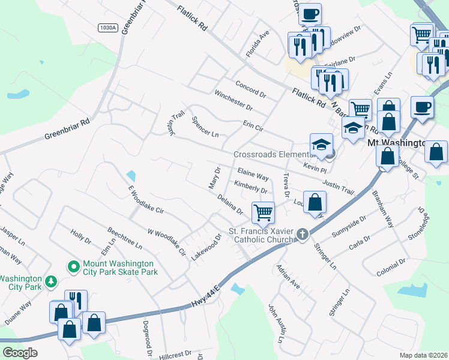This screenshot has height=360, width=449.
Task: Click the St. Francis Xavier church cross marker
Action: point(303,234)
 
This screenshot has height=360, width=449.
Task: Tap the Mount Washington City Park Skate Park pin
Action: point(74,266)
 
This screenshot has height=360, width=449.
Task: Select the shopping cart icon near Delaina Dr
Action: point(264,212)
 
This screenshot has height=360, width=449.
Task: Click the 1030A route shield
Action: point(107,28)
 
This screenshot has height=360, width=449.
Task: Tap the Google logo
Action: point(20,353)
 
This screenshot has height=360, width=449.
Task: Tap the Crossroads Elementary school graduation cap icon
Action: point(321,145)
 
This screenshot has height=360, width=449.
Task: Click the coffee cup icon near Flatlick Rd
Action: point(310,14)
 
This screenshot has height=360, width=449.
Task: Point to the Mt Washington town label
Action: point(395,144)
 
